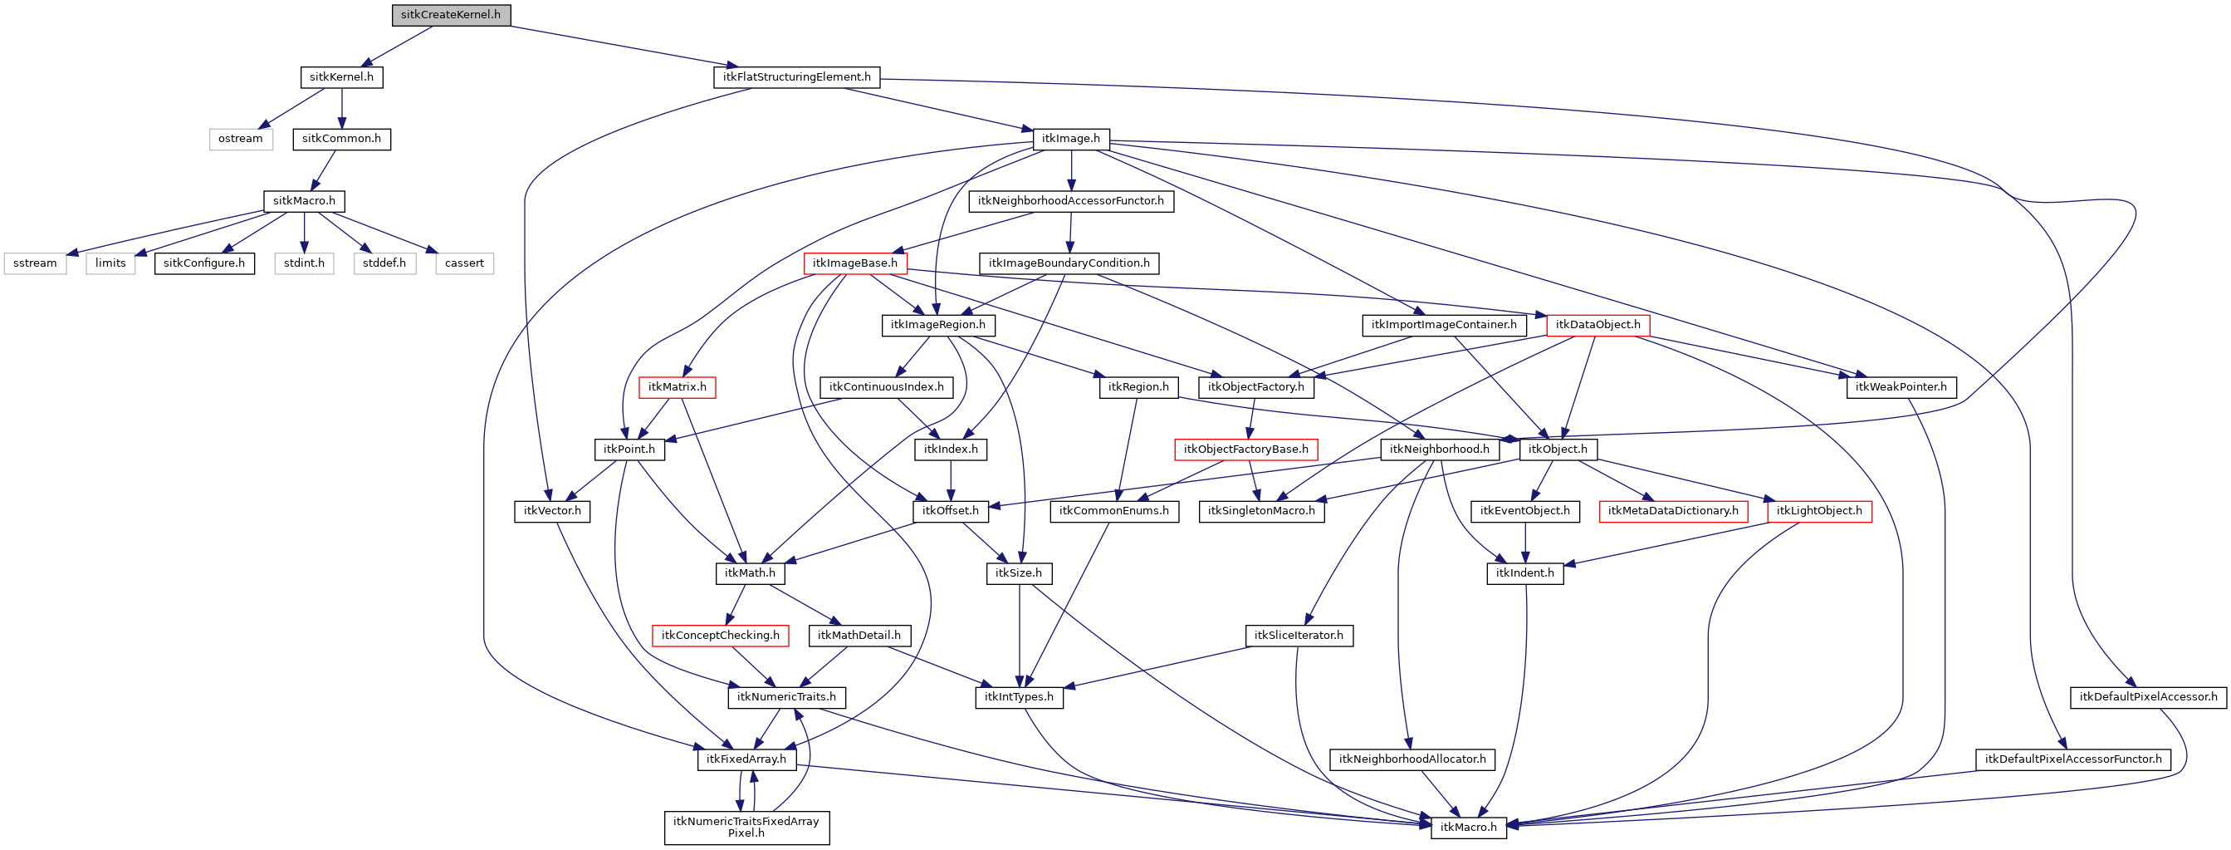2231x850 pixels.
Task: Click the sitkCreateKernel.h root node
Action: (x=450, y=15)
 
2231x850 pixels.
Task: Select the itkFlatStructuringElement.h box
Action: (x=797, y=77)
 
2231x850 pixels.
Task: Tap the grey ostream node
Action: (x=240, y=139)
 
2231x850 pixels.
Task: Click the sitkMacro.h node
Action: (x=304, y=201)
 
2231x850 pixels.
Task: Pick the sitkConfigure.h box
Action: (x=204, y=263)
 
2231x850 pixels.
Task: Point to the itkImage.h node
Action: (x=1070, y=139)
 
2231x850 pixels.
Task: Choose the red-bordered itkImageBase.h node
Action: (x=855, y=263)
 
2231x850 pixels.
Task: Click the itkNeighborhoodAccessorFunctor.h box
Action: (x=1070, y=201)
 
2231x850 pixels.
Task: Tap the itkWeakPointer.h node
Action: (x=1901, y=387)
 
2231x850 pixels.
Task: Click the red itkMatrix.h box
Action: (x=678, y=387)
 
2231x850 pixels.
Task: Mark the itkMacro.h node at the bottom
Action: (x=1468, y=828)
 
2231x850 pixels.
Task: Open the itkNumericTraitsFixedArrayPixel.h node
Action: (x=746, y=828)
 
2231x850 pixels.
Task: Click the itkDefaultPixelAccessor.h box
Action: (x=2148, y=697)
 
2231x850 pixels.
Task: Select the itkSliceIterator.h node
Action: (x=1299, y=636)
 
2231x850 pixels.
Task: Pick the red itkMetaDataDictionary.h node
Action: (x=1672, y=511)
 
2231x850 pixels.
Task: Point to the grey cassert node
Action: (x=464, y=263)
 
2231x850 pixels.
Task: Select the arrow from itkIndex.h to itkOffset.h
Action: (x=951, y=480)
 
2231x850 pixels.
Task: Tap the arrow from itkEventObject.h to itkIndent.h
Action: (x=1525, y=543)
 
